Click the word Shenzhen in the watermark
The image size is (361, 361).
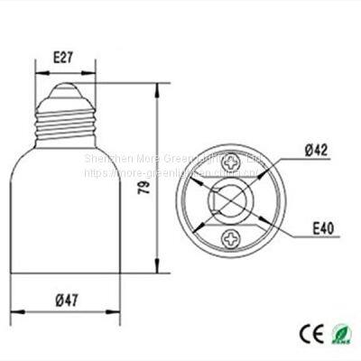point(104,157)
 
